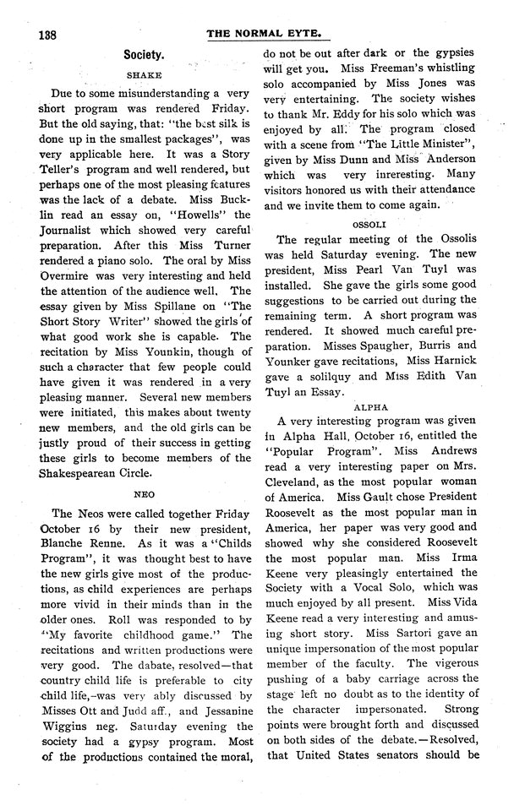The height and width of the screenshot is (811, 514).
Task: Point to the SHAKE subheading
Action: tap(143, 74)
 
